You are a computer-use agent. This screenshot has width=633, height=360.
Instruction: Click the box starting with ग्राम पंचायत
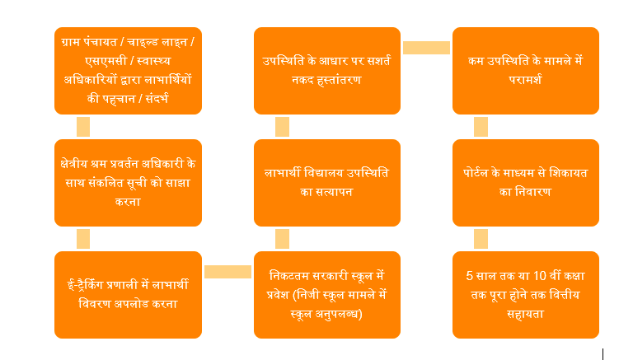[128, 71]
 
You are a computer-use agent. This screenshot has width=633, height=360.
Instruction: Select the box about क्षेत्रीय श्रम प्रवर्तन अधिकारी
[128, 183]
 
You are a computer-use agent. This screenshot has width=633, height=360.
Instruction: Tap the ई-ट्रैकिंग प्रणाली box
[128, 295]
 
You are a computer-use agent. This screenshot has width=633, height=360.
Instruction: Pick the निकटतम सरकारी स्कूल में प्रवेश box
[327, 295]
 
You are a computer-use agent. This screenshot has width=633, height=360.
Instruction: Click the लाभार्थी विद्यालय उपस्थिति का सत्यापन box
[327, 183]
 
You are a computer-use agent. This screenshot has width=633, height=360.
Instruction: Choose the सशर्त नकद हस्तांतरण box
[327, 71]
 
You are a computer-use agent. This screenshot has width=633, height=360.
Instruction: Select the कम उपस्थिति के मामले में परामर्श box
[526, 71]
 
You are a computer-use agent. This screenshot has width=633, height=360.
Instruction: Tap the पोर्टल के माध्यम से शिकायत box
[526, 183]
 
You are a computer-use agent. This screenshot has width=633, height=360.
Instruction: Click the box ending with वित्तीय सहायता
[526, 295]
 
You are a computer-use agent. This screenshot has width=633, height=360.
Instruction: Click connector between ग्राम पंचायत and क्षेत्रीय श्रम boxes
[83, 127]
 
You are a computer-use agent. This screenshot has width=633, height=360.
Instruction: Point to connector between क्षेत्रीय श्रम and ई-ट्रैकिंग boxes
[83, 239]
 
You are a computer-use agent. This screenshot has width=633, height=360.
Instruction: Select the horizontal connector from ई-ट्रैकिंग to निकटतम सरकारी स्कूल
[227, 272]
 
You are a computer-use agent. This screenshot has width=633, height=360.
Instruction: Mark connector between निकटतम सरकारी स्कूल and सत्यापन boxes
[282, 239]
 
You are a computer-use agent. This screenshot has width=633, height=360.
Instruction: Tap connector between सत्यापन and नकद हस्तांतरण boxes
[282, 127]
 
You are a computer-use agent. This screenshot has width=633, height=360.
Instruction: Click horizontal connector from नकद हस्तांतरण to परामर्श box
[426, 48]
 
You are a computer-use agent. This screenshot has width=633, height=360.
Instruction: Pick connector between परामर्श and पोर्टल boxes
[481, 127]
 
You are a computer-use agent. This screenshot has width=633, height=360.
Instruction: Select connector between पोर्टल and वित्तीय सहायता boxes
[481, 239]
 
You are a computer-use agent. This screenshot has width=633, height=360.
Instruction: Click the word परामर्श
[525, 80]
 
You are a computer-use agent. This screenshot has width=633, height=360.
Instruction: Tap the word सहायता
[525, 314]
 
